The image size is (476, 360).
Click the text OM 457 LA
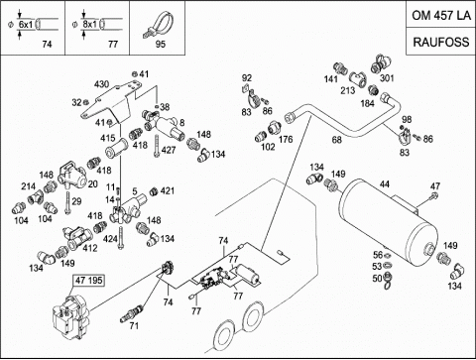pyautogui.click(x=441, y=15)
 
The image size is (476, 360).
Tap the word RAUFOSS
pyautogui.click(x=441, y=42)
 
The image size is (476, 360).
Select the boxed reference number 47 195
pyautogui.click(x=89, y=281)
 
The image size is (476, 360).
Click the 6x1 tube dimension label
pyautogui.click(x=26, y=24)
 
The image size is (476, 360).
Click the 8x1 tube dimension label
pyautogui.click(x=90, y=24)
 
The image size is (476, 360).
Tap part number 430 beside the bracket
pyautogui.click(x=101, y=84)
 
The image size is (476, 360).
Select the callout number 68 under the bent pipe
pyautogui.click(x=336, y=140)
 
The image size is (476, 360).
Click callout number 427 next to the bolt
pyautogui.click(x=169, y=150)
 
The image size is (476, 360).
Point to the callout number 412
pyautogui.click(x=90, y=248)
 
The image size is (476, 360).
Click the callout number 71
pyautogui.click(x=134, y=326)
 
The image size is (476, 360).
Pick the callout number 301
pyautogui.click(x=387, y=78)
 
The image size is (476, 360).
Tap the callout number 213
pyautogui.click(x=348, y=90)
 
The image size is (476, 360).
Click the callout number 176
pyautogui.click(x=286, y=139)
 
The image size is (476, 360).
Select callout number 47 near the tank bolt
pyautogui.click(x=435, y=185)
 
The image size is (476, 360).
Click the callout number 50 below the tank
pyautogui.click(x=377, y=279)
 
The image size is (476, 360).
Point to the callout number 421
pyautogui.click(x=168, y=190)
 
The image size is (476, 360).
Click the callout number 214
pyautogui.click(x=29, y=186)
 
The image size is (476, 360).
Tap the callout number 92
pyautogui.click(x=247, y=78)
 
